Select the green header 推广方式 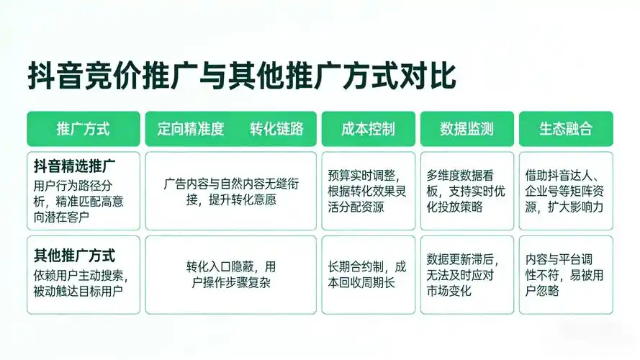[84, 129]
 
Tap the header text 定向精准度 [191, 129]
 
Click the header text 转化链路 [276, 129]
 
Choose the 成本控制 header [368, 129]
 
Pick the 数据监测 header [467, 129]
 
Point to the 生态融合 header [566, 129]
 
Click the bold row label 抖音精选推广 [76, 166]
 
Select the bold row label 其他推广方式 [75, 255]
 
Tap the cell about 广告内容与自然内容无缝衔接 [231, 192]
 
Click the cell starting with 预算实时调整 [368, 191]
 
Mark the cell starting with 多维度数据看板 [467, 191]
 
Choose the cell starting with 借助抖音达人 [566, 191]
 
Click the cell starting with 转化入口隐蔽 [231, 274]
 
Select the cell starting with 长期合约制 [368, 274]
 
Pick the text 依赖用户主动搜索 [80, 275]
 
